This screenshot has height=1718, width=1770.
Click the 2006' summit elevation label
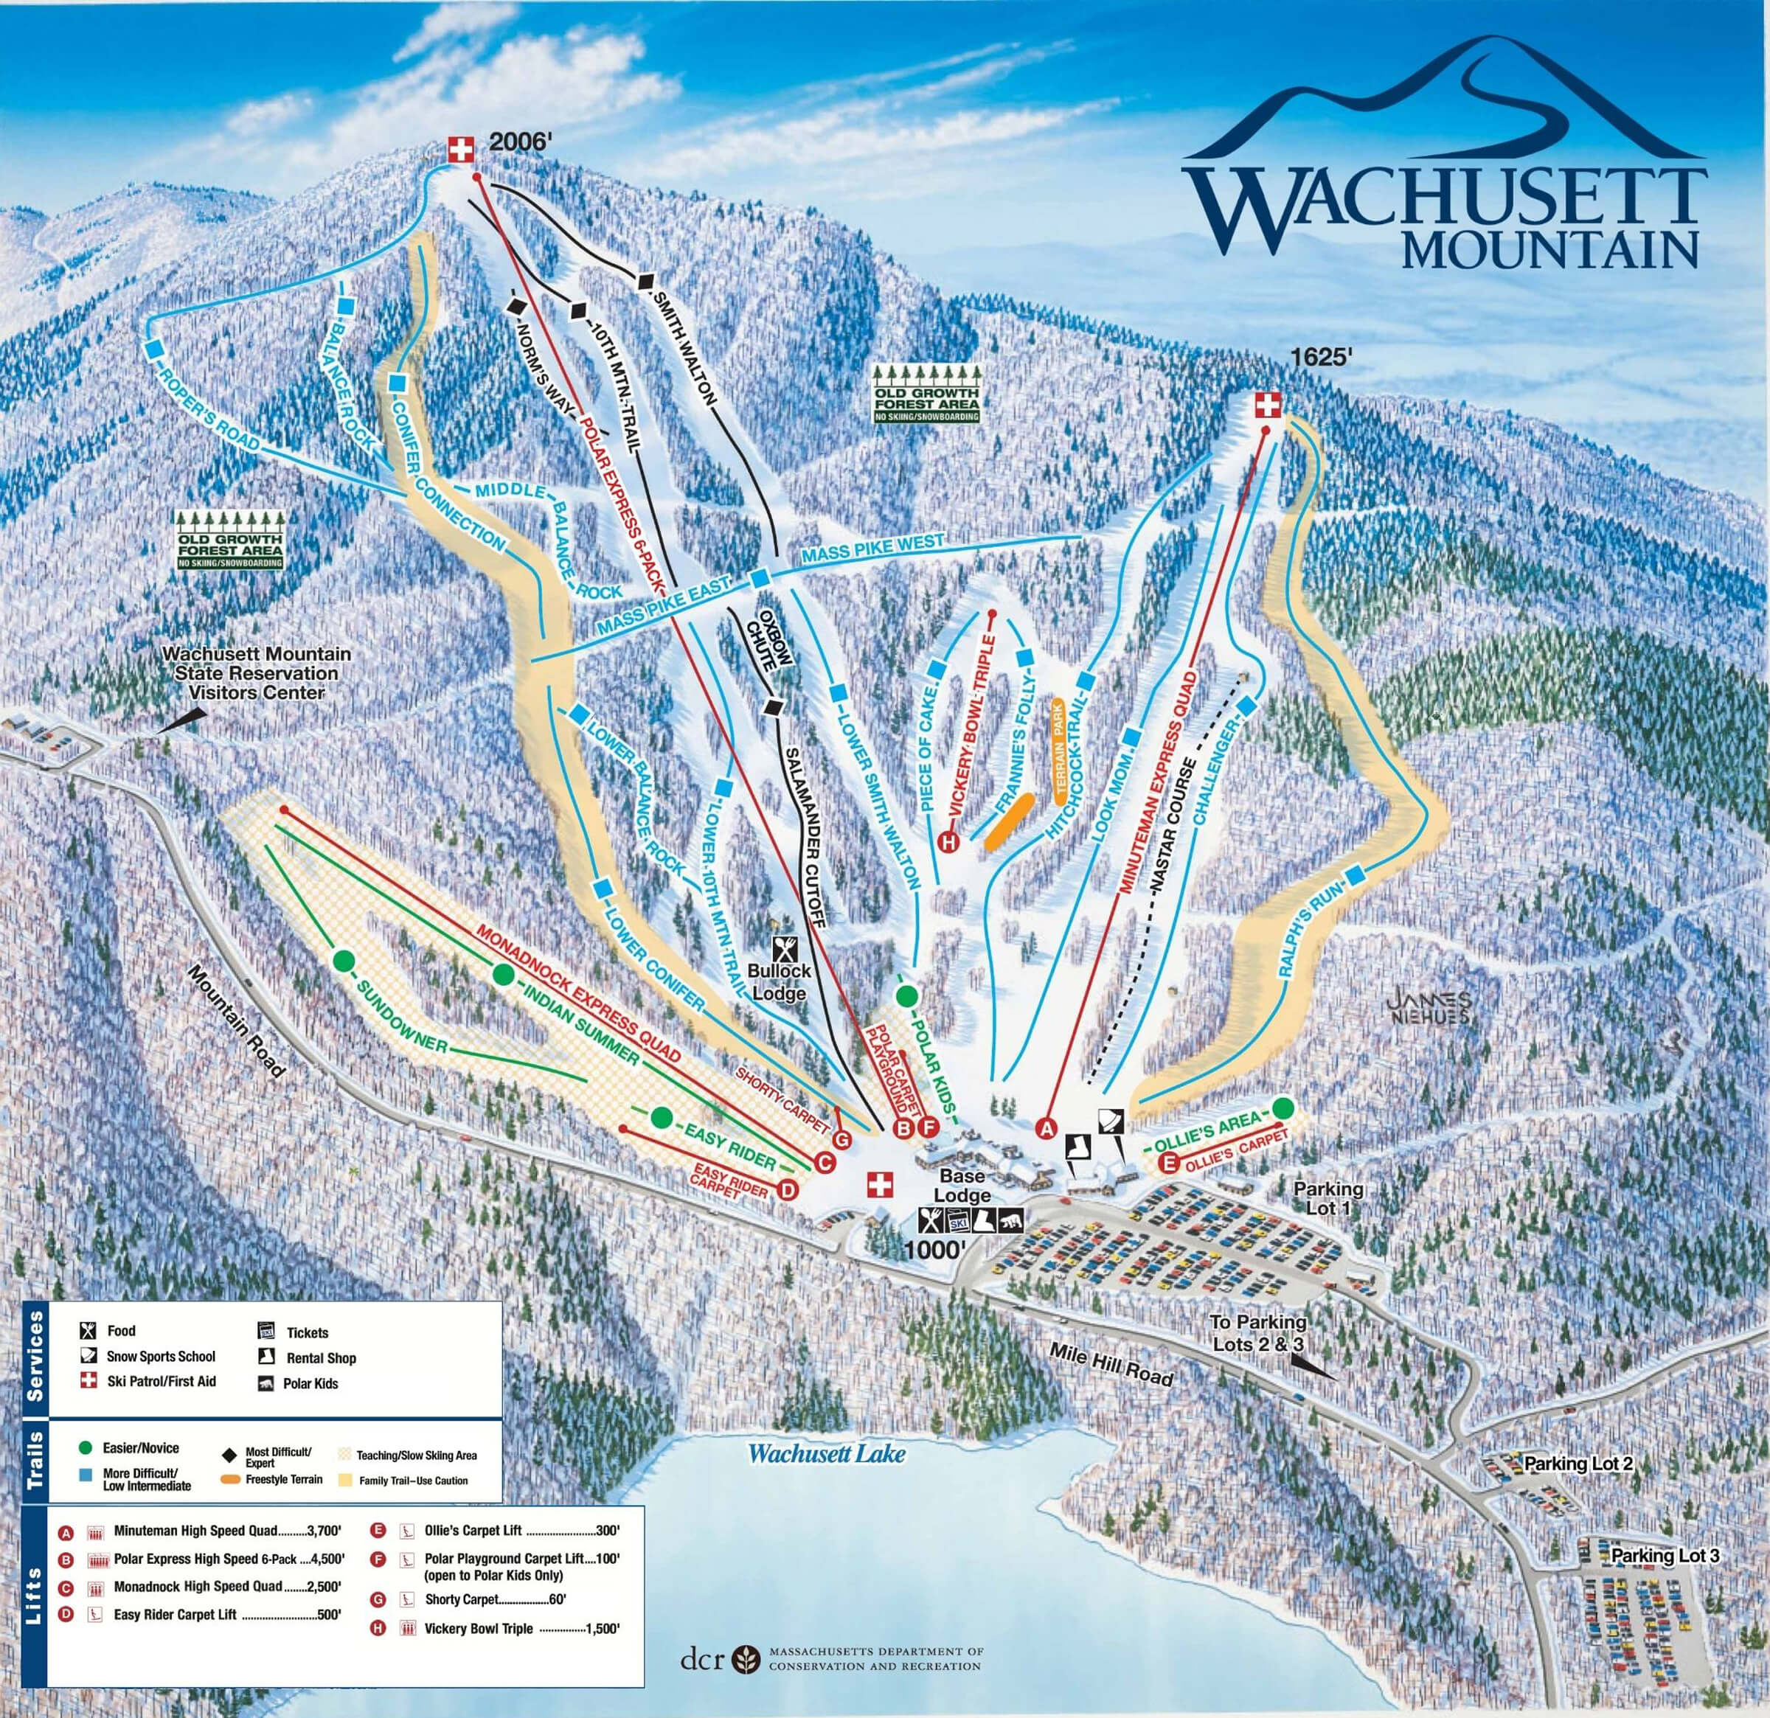point(519,142)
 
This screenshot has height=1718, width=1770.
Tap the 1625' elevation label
point(1320,357)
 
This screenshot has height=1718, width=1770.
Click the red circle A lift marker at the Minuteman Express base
point(1047,1127)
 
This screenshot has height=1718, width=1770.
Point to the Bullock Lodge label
point(780,981)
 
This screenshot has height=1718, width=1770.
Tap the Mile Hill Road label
point(1111,1364)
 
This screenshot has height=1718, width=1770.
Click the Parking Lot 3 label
point(1665,1556)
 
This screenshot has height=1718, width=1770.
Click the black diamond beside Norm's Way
point(516,306)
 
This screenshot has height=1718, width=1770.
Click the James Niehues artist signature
point(1429,1007)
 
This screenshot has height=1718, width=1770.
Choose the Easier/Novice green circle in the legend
point(86,1448)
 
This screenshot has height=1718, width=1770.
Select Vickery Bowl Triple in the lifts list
point(479,1629)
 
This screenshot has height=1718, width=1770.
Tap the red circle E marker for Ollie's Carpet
point(1170,1164)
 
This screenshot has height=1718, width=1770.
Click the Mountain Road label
point(237,1020)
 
